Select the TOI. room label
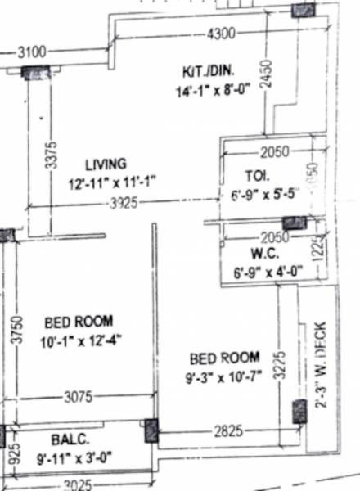click(x=254, y=174)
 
